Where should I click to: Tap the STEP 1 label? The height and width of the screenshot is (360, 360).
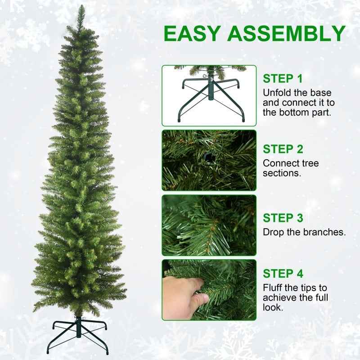click(283, 79)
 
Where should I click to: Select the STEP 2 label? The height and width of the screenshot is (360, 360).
click(283, 149)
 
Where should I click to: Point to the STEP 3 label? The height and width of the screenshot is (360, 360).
click(283, 218)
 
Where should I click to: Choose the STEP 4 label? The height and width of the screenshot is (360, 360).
click(283, 273)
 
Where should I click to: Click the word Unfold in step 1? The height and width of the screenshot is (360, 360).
click(277, 93)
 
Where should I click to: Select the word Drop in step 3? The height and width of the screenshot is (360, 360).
click(273, 233)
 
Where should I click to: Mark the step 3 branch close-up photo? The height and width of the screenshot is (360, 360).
click(209, 225)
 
